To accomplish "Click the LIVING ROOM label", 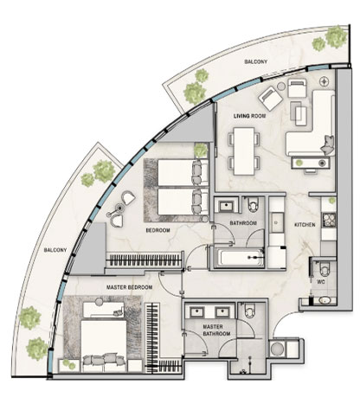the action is click(x=249, y=116).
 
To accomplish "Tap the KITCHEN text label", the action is click(x=305, y=225).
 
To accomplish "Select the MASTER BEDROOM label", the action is click(x=130, y=287).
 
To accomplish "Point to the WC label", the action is click(x=321, y=282).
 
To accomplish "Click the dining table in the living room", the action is click(x=244, y=151).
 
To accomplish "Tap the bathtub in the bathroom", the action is click(x=241, y=258).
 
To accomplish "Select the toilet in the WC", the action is click(x=325, y=269).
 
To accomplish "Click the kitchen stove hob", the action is click(x=329, y=220).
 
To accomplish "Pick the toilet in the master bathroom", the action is click(x=250, y=311).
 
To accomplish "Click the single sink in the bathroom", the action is click(x=227, y=206).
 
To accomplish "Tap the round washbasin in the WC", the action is click(x=325, y=300).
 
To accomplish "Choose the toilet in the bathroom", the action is click(x=253, y=205).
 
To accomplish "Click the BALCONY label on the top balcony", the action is click(x=256, y=61).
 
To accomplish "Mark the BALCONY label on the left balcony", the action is click(x=55, y=250).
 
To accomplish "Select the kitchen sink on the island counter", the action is click(x=277, y=222).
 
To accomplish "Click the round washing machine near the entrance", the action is click(x=278, y=349).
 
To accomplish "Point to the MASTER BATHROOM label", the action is click(x=216, y=330).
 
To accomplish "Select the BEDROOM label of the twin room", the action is click(x=157, y=230).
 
